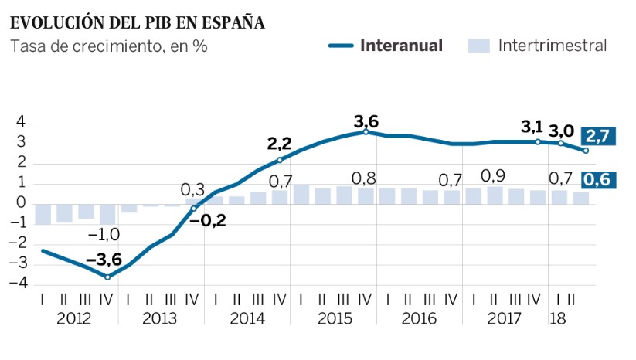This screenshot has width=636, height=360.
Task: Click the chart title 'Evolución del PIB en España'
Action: [x=138, y=22]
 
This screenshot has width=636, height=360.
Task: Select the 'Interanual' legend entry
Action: [x=401, y=46]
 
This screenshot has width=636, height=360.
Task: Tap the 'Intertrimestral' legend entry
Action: [x=552, y=46]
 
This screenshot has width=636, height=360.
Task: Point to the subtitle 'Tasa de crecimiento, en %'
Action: [x=109, y=46]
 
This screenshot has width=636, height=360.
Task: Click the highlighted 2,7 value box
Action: [x=597, y=135]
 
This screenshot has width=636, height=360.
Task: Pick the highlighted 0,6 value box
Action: [x=597, y=180]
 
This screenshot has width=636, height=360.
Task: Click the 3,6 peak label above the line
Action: [x=366, y=121]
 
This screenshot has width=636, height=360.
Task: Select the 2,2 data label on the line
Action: [x=281, y=144]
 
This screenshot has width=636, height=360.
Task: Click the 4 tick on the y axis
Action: [x=21, y=123]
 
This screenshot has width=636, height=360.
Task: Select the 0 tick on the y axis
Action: [x=21, y=203]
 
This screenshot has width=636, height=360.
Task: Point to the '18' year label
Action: [x=555, y=319]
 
